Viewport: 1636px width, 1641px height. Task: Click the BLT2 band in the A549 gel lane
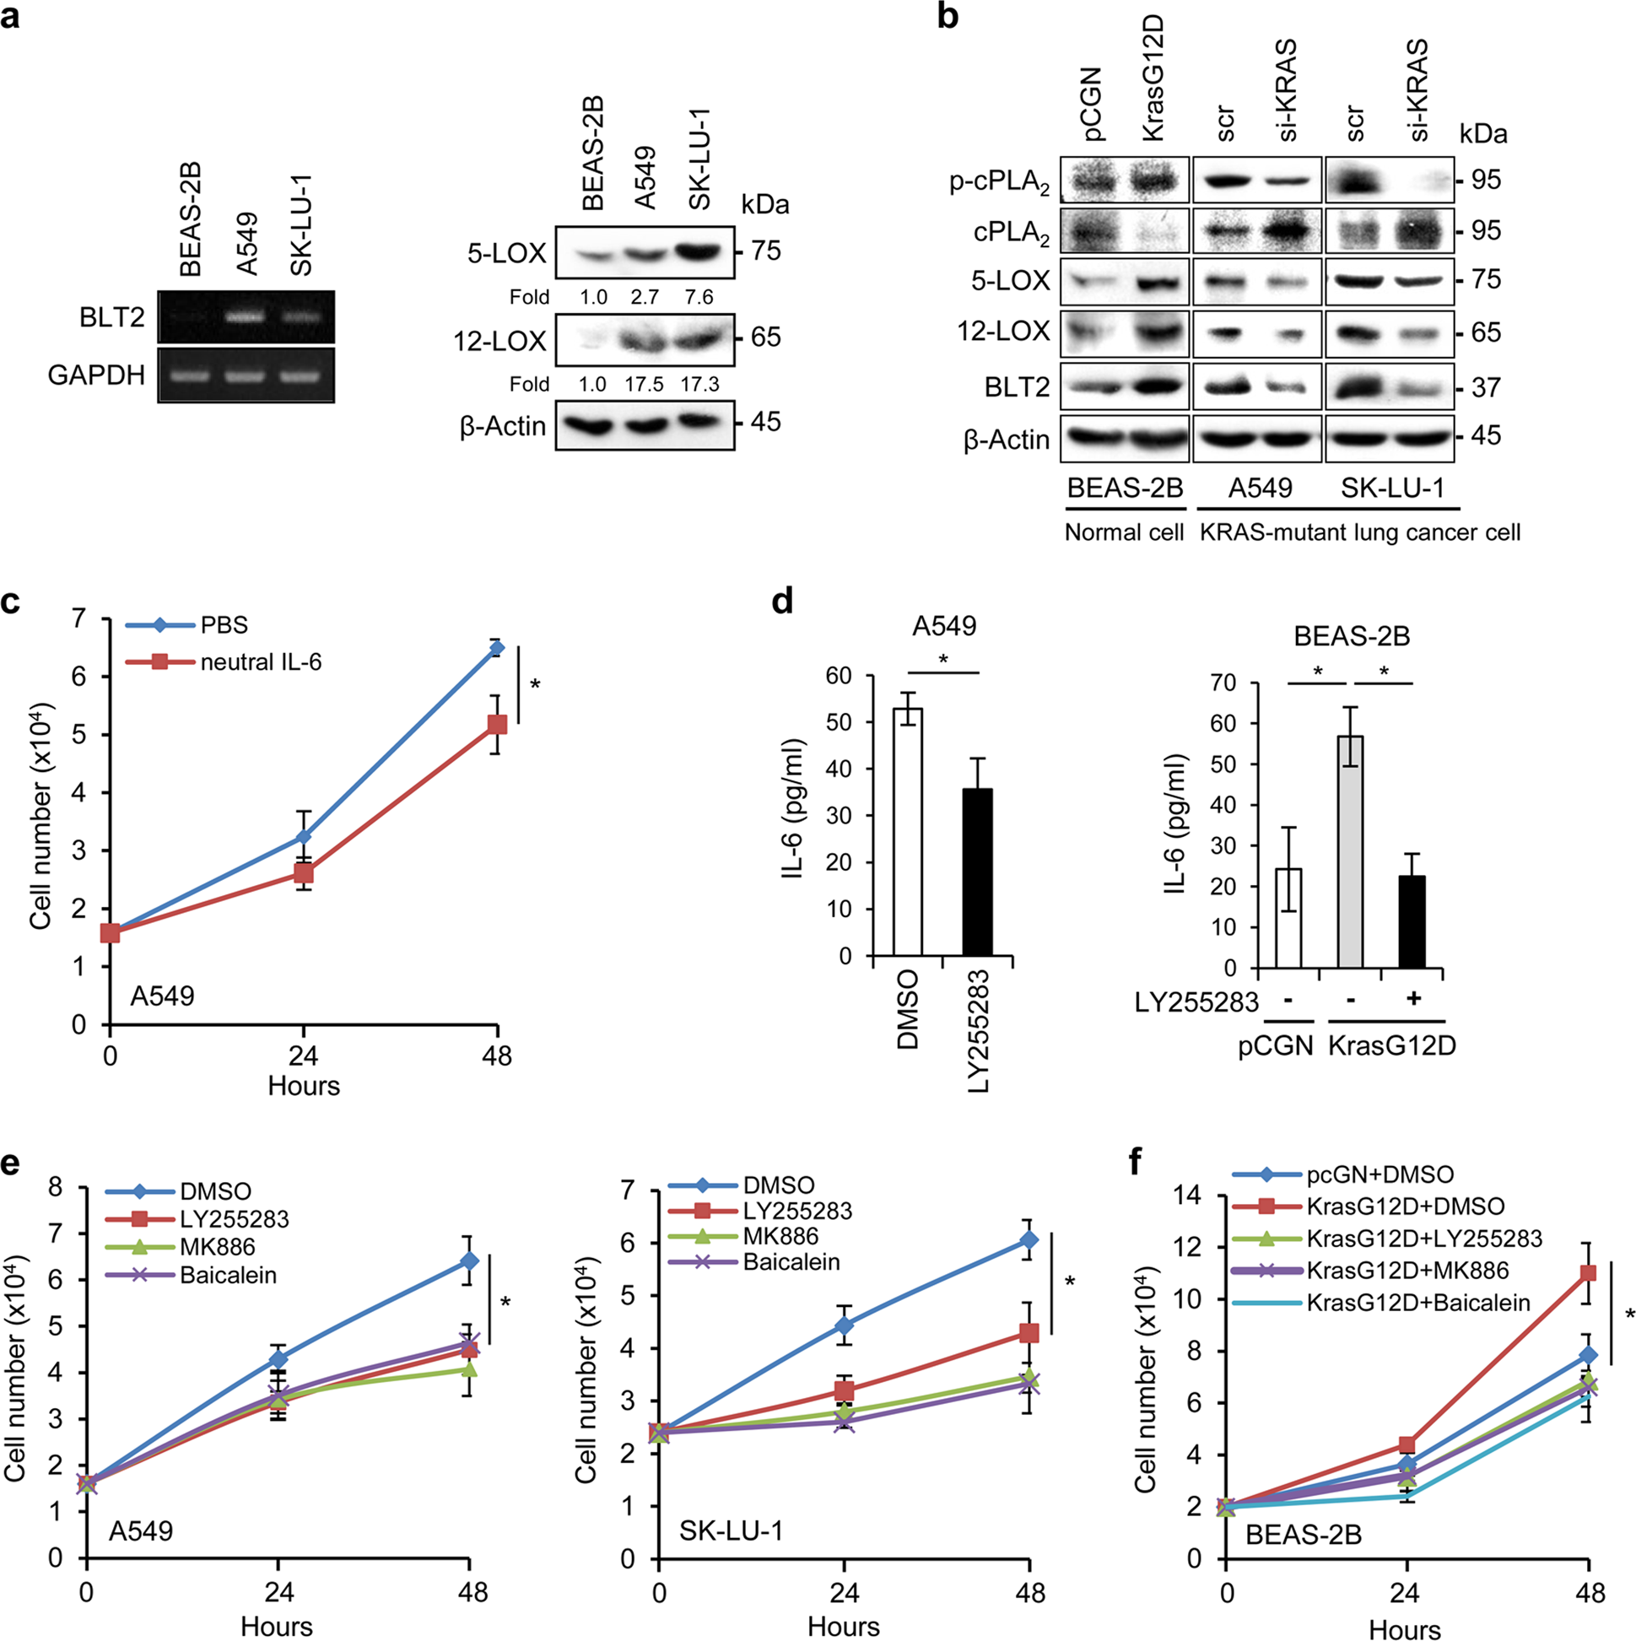coord(246,316)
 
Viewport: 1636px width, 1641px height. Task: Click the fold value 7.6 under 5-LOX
coord(699,297)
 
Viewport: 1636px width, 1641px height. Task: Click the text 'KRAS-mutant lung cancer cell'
coord(1359,532)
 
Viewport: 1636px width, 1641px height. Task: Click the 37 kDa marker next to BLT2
coord(1486,388)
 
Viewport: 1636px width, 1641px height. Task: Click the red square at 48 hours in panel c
coord(497,725)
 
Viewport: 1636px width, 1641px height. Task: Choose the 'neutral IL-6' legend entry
coord(260,661)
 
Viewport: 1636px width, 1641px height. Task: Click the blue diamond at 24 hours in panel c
coord(303,837)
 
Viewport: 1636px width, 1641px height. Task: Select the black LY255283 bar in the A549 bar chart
coord(978,872)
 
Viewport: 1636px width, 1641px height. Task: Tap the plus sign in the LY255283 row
coord(1413,1000)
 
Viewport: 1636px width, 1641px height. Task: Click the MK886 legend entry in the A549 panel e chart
coord(217,1247)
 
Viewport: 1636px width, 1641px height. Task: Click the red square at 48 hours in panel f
coord(1587,1273)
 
